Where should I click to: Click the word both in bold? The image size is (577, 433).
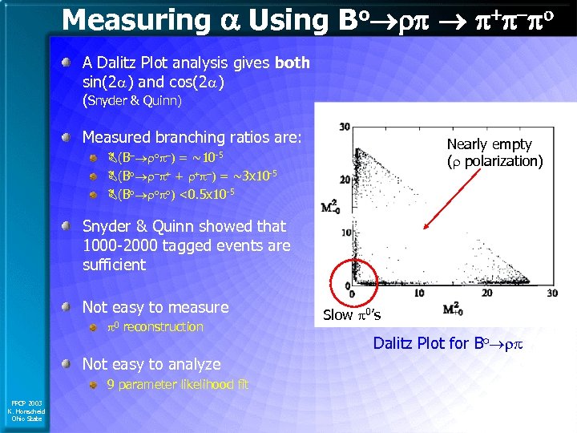point(292,63)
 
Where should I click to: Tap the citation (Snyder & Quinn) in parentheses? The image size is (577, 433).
point(133,101)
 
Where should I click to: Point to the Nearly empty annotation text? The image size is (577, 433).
point(488,144)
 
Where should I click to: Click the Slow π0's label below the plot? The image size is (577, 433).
point(352,315)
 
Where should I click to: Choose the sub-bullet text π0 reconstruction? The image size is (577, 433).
point(155,326)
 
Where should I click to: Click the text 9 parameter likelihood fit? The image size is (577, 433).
point(178,384)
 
